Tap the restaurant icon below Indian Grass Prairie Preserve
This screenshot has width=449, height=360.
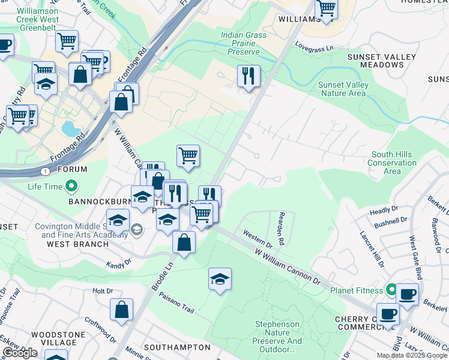coord(249,76)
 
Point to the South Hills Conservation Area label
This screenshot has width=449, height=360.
coord(391,163)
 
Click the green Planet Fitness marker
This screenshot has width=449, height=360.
coord(392,290)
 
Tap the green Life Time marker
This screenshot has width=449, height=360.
coord(71,187)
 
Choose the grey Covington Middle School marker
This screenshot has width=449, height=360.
coord(137,229)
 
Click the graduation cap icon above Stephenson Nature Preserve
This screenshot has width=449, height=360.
coord(220,279)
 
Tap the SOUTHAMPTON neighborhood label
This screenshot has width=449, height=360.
coord(177,347)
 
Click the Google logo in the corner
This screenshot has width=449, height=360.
coord(20,353)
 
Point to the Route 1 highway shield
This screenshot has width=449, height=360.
coord(46,172)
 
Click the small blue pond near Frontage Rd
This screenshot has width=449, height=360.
coord(70,128)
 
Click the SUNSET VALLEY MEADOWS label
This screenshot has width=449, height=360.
coord(374,61)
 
